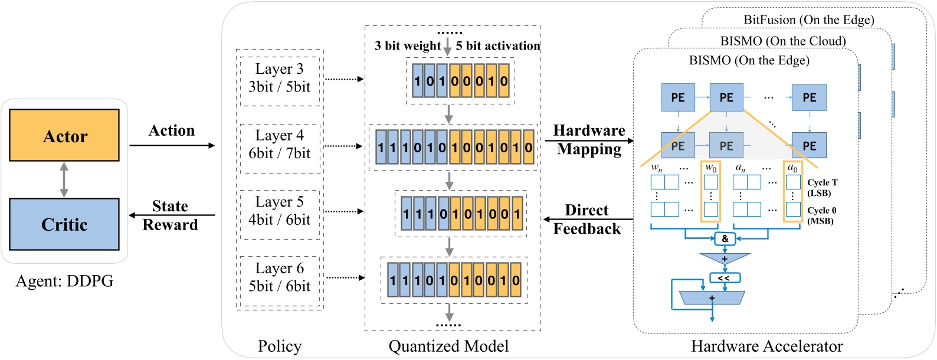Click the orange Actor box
(64, 135)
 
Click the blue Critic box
(64, 224)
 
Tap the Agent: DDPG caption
(64, 281)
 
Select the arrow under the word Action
(172, 145)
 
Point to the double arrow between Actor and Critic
(64, 179)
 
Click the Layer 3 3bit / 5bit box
(280, 78)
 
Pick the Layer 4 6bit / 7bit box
(280, 145)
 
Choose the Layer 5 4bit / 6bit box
(280, 211)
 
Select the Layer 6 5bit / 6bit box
(280, 278)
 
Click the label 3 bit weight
(407, 46)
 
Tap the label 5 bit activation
(498, 46)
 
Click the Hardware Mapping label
(589, 140)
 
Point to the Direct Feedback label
(587, 220)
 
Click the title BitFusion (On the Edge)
(808, 20)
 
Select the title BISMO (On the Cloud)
(783, 41)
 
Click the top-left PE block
(678, 98)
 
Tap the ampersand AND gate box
(725, 238)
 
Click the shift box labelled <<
(724, 277)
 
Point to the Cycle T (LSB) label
(822, 188)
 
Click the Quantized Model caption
(448, 346)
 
